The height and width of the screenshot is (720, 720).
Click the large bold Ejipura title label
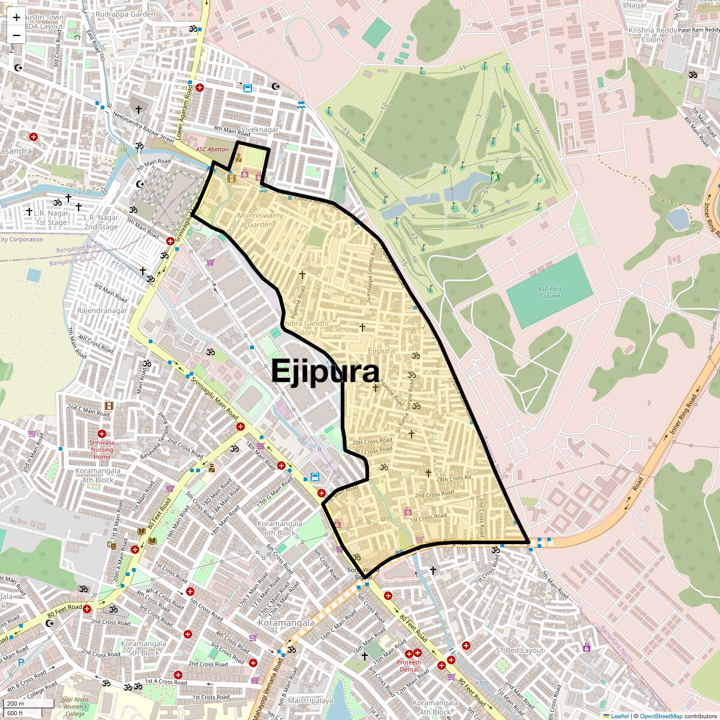[325, 371]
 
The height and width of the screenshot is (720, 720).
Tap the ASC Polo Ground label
[550, 292]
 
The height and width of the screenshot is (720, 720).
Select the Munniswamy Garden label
[260, 220]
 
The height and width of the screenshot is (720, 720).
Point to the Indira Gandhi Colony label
[305, 328]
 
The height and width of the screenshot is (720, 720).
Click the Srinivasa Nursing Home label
[102, 449]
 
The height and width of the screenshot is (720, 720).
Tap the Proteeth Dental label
[409, 666]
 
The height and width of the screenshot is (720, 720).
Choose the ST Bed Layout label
[520, 650]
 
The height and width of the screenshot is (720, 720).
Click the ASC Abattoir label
[212, 149]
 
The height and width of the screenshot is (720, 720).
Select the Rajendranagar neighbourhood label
[102, 311]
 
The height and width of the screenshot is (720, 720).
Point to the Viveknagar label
[260, 130]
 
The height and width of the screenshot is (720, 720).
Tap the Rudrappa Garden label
[125, 14]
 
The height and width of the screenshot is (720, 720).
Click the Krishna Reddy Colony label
[653, 35]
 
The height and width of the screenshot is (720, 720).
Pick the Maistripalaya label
[310, 701]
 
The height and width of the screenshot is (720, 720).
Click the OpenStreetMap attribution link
[661, 716]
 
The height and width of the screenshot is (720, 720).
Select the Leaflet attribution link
[620, 716]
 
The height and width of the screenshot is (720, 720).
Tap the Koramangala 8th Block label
[98, 475]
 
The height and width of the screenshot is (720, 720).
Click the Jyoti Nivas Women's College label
[75, 706]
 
